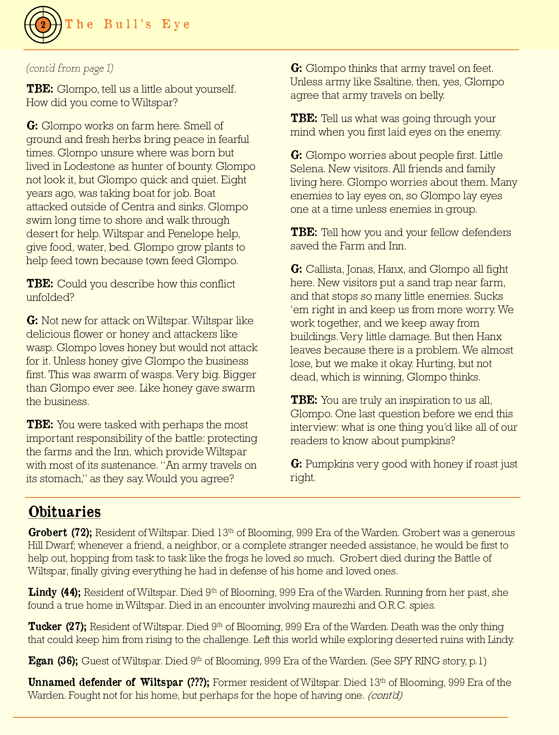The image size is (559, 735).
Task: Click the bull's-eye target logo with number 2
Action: [43, 24]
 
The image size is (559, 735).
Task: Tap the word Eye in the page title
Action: [176, 24]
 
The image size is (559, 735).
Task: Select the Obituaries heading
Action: [65, 512]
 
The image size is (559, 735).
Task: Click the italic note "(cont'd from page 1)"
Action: [70, 68]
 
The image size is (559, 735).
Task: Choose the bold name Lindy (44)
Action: [54, 592]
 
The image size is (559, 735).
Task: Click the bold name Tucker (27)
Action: [57, 626]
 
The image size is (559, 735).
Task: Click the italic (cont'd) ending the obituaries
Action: [385, 695]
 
